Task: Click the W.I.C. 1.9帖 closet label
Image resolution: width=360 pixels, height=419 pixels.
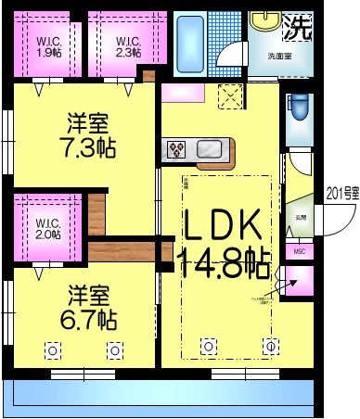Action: [x=49, y=45]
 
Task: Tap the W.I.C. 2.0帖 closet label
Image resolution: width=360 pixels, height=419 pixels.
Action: [x=48, y=228]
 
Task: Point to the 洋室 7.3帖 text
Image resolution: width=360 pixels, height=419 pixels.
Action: [x=89, y=134]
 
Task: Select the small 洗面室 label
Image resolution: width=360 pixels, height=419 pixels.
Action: [x=279, y=56]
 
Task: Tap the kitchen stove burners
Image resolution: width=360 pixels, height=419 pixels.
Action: [x=178, y=148]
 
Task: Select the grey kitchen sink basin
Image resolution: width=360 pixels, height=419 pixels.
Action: [x=208, y=148]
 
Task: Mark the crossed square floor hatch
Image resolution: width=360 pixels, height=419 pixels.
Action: [x=228, y=95]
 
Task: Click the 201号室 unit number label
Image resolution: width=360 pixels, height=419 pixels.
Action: [x=342, y=194]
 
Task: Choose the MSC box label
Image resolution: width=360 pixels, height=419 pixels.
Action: [x=299, y=250]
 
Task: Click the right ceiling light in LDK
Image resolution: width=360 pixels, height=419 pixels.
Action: [x=270, y=347]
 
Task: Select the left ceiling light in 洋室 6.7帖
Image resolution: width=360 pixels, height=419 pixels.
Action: [x=52, y=349]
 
